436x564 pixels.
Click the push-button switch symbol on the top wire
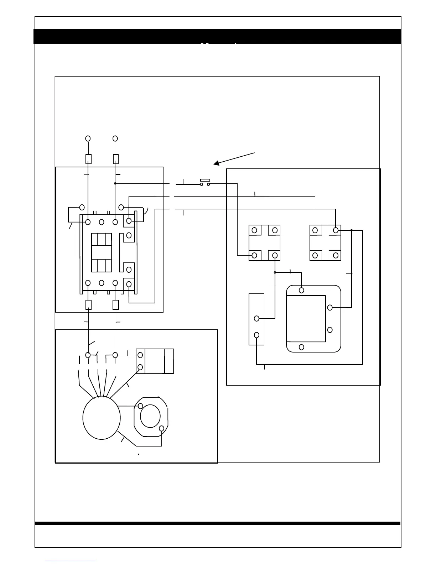pos(205,182)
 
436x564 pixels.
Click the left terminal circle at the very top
pos(88,138)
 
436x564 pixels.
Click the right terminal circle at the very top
pos(115,138)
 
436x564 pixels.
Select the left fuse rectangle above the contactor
pos(88,159)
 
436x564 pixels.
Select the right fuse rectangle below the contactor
pos(115,305)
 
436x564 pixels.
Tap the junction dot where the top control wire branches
pos(115,183)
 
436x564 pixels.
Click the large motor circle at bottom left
pos(102,418)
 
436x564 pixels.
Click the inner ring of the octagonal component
pos(150,416)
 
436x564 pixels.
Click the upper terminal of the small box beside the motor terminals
pos(140,355)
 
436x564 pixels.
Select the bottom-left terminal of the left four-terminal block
pos(254,255)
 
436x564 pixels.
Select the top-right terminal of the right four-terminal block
pos(336,230)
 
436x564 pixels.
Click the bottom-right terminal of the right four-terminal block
pos(336,255)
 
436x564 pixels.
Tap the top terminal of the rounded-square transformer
pos(301,290)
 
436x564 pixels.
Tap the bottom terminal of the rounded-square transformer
pos(301,347)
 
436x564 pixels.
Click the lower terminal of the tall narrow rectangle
pos(256,335)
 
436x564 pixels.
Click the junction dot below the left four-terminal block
pos(275,272)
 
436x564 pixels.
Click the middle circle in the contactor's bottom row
pos(102,283)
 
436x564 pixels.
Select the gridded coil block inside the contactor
pos(102,252)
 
